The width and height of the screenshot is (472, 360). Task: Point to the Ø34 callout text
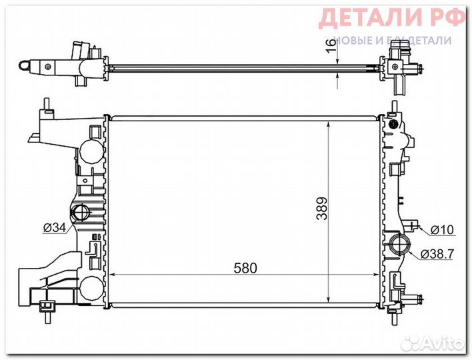(x=55, y=228)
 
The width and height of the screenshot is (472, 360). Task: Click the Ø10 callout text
(x=442, y=230)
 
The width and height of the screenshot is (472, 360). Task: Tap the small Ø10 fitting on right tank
(x=414, y=227)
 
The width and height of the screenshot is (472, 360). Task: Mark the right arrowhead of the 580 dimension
(x=376, y=274)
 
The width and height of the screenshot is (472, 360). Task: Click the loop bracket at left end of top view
(x=25, y=65)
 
